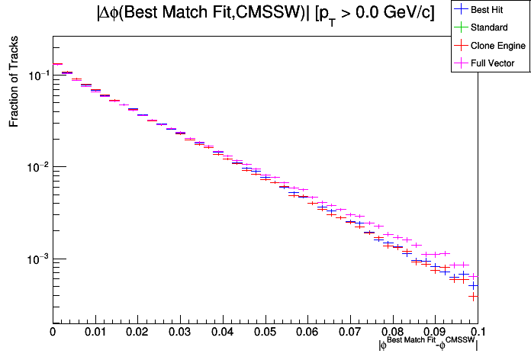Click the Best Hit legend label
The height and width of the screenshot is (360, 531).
(x=488, y=10)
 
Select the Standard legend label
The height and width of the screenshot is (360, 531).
(x=489, y=27)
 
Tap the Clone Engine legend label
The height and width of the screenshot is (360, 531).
(x=498, y=46)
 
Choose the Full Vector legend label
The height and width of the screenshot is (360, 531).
(x=493, y=63)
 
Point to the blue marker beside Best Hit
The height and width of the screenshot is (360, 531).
(x=461, y=10)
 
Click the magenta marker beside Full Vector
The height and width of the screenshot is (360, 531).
(x=461, y=63)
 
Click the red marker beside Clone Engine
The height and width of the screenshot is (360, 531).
(x=461, y=46)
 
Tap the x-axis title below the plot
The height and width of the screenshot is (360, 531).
(x=428, y=345)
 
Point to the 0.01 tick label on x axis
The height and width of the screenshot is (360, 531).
(x=95, y=333)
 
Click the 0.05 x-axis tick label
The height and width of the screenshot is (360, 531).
(x=265, y=333)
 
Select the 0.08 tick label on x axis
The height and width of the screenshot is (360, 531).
(x=392, y=333)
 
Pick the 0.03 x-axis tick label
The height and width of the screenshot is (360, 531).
(x=180, y=333)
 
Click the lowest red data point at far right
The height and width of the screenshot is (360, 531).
(x=473, y=296)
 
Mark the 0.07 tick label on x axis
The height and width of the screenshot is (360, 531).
(x=349, y=333)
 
